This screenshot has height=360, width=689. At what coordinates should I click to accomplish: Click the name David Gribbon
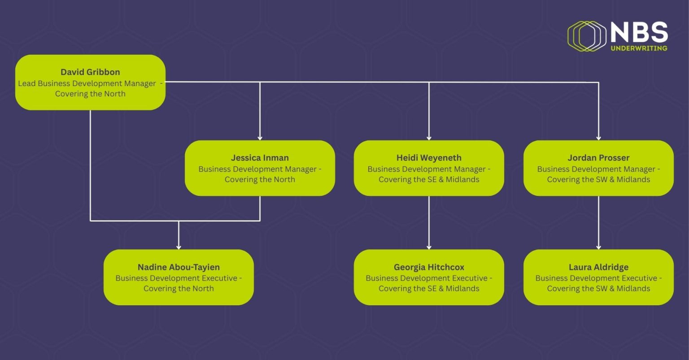pos(90,72)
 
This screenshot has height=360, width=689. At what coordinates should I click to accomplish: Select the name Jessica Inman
pos(260,158)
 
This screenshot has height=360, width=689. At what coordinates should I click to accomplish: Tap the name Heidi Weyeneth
pos(429,158)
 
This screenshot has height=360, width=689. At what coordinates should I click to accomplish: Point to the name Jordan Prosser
pos(598,158)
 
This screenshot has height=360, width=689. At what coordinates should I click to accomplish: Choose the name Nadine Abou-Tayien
pos(179,267)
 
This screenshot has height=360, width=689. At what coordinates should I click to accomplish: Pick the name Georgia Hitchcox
pos(429,267)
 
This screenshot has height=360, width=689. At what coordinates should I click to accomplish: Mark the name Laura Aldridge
pos(598,267)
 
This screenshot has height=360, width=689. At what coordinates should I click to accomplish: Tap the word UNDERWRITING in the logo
pos(639,48)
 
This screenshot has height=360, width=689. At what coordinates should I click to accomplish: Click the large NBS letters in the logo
pos(639,32)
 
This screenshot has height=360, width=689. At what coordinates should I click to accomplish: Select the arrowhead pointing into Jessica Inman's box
pos(260,138)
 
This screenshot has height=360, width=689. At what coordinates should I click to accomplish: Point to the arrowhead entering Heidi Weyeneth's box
pos(429,138)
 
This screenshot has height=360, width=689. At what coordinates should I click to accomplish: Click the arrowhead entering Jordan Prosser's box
pos(598,138)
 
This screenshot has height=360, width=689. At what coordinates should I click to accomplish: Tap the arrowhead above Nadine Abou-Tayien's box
pos(179,247)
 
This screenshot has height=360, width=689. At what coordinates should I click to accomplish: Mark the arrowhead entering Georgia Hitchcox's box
pos(429,247)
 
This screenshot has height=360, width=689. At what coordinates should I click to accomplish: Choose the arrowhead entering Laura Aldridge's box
pos(598,247)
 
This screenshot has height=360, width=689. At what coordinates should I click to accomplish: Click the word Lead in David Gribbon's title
pos(27,83)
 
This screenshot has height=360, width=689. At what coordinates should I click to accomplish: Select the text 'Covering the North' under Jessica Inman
pos(260,179)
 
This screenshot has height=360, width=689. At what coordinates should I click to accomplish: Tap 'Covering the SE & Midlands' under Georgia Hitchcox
pos(429,288)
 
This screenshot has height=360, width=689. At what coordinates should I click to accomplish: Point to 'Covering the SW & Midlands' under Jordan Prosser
pos(598,179)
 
